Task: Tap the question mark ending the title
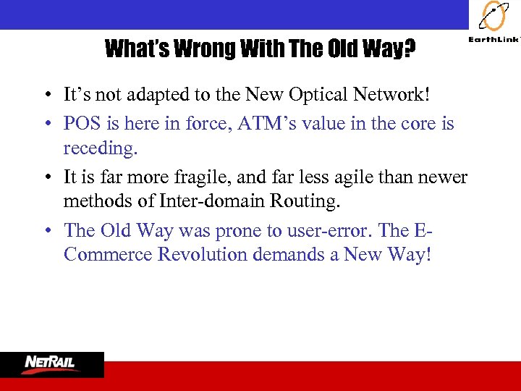[x=409, y=49]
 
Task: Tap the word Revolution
[x=205, y=255]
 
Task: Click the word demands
[x=300, y=255]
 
